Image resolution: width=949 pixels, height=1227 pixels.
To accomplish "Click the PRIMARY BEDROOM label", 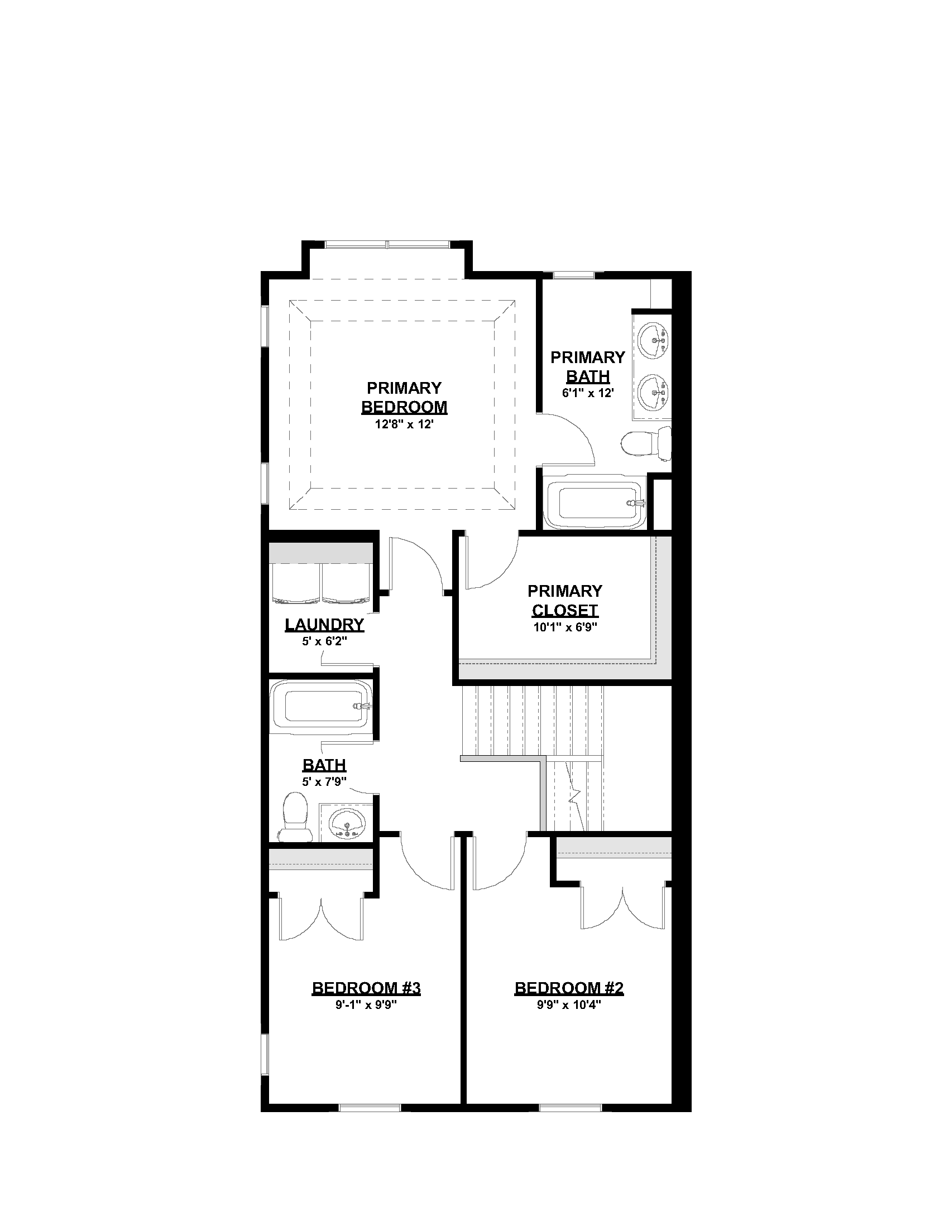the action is pyautogui.click(x=404, y=397).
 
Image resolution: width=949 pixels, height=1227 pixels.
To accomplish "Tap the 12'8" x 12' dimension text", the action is pyautogui.click(x=404, y=425).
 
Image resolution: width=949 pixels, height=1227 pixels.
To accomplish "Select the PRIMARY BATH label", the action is pyautogui.click(x=587, y=366).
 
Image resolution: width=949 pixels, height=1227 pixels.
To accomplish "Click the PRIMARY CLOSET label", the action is pyautogui.click(x=564, y=601).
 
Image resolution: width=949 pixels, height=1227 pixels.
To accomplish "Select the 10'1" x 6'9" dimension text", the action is pyautogui.click(x=564, y=627).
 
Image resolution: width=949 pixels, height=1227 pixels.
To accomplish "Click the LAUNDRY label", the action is pyautogui.click(x=324, y=625).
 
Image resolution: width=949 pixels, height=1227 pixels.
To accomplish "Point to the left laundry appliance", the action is pyautogui.click(x=296, y=582).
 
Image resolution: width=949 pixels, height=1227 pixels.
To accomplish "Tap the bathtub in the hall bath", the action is pyautogui.click(x=321, y=707).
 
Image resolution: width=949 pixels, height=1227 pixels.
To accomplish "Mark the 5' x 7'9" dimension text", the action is pyautogui.click(x=324, y=781).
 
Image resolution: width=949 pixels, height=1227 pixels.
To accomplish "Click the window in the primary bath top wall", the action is pyautogui.click(x=573, y=275).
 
